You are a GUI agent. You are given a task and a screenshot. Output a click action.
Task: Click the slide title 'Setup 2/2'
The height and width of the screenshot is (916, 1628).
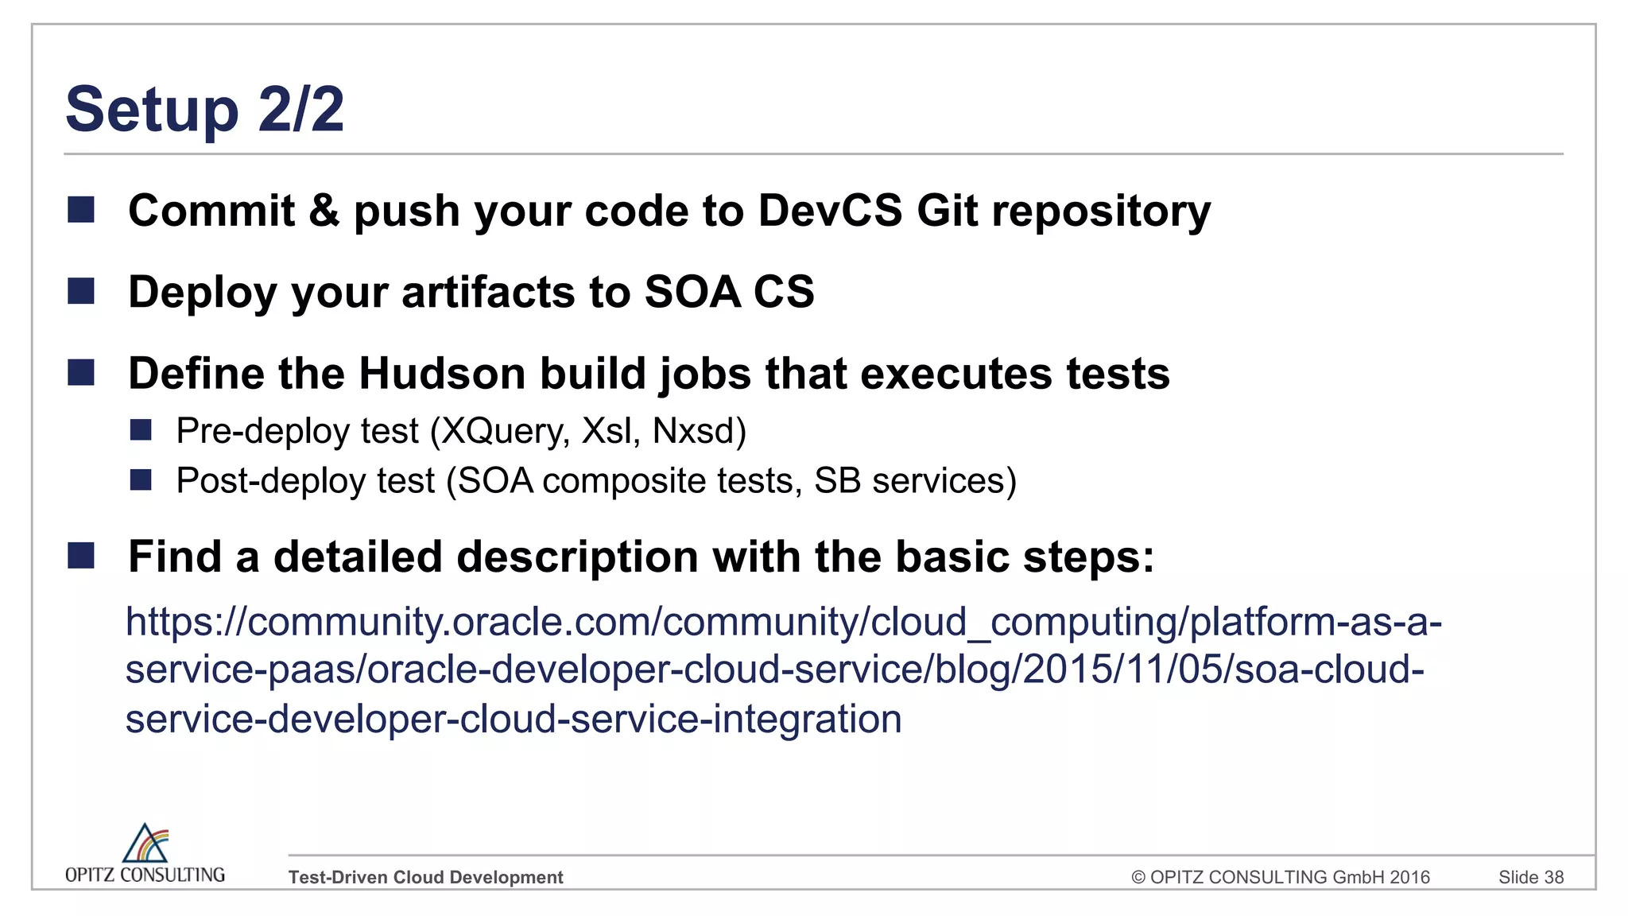pyautogui.click(x=204, y=109)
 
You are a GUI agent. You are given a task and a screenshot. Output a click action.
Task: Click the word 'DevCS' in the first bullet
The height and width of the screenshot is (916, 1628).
pyautogui.click(x=829, y=211)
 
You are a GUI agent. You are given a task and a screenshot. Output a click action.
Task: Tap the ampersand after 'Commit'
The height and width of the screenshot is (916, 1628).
pyautogui.click(x=324, y=211)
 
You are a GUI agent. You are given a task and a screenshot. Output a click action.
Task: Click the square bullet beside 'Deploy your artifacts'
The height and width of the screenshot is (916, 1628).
pyautogui.click(x=81, y=291)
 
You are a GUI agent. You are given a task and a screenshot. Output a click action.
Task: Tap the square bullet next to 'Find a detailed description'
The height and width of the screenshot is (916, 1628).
pyautogui.click(x=81, y=556)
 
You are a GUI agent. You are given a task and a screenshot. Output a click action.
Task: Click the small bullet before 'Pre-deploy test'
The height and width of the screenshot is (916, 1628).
pyautogui.click(x=141, y=430)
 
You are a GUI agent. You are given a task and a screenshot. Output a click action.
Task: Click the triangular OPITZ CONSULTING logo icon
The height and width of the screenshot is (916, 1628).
pyautogui.click(x=145, y=844)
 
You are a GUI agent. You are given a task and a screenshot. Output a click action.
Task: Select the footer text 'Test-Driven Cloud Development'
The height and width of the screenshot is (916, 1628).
pyautogui.click(x=425, y=877)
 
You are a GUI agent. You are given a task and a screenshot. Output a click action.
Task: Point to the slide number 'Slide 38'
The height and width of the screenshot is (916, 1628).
pyautogui.click(x=1530, y=877)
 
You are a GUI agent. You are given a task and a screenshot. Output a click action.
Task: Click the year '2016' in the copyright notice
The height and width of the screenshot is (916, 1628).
pyautogui.click(x=1409, y=877)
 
